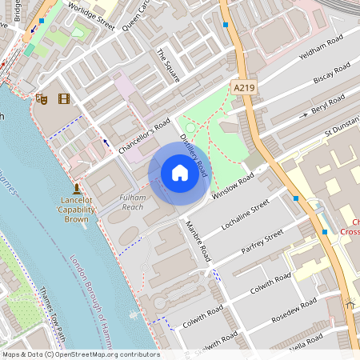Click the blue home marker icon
point(179,173)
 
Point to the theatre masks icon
point(41,98)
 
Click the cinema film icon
point(63,98)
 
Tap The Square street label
point(168,67)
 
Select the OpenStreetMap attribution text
point(80,354)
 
